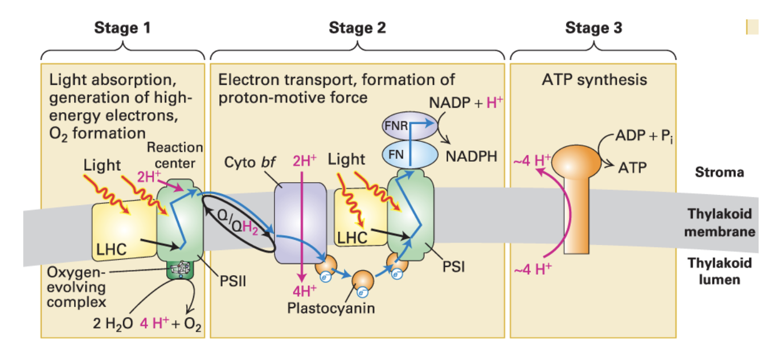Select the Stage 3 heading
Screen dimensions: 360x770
coord(593,28)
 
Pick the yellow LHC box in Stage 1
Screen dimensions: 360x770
coord(122,231)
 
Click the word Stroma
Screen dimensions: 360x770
coord(720,172)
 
